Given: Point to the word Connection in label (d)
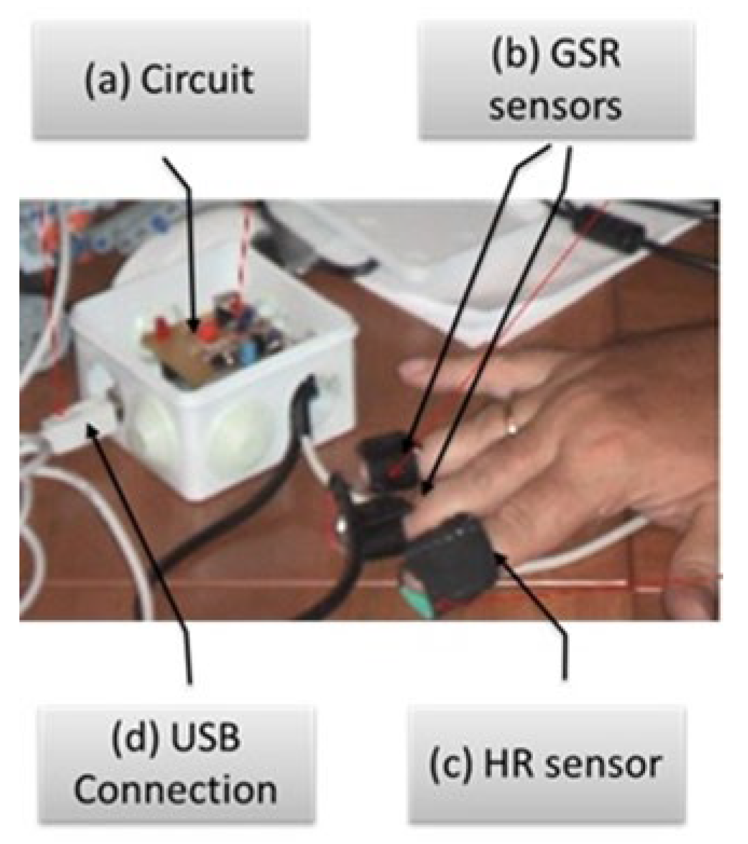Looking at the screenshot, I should [x=176, y=790].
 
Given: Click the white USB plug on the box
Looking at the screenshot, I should [x=81, y=426].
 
